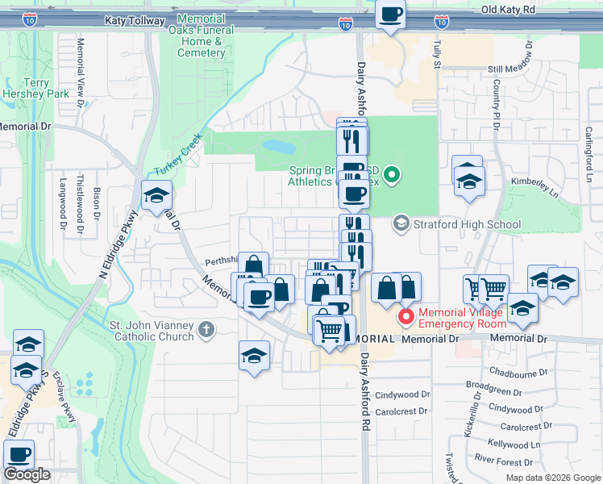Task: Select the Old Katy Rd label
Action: tap(508, 10)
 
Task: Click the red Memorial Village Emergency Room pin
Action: tap(407, 317)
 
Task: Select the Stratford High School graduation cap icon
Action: tap(401, 222)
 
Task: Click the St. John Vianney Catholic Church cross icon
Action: tap(206, 328)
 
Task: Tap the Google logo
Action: tap(27, 474)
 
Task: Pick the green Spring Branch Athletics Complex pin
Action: tap(392, 174)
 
